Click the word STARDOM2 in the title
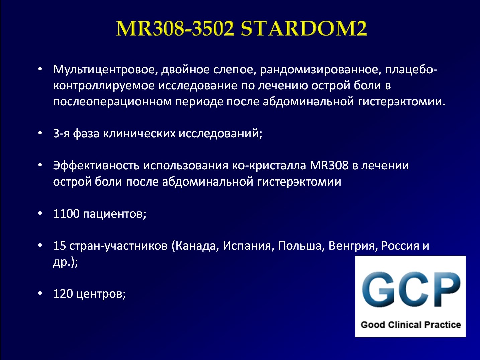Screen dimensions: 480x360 (304, 28)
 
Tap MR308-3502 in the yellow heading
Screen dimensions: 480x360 (175, 28)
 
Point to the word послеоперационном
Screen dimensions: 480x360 (112, 102)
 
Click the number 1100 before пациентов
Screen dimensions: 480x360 (66, 213)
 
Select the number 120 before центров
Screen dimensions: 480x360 (63, 293)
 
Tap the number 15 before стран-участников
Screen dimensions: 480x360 (60, 246)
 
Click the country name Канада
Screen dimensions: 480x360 (196, 246)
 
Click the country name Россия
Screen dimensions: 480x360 (400, 246)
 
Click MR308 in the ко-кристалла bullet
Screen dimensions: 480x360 (329, 165)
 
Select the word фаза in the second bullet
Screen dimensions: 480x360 (86, 133)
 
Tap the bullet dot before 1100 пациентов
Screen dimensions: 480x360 (40, 213)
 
